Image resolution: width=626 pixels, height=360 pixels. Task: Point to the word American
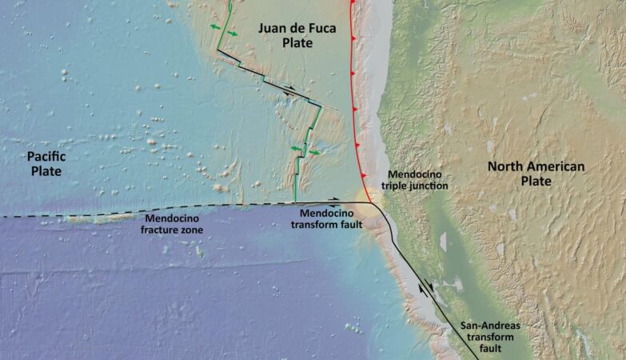click(x=553, y=166)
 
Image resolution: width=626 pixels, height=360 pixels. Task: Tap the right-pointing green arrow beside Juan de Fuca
click(x=232, y=34)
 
